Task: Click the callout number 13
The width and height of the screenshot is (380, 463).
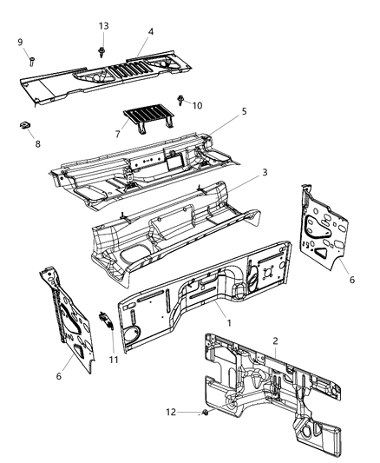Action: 103,26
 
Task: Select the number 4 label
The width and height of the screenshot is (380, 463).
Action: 150,32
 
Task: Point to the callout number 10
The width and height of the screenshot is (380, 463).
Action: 198,105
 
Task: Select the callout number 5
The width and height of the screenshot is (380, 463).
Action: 244,111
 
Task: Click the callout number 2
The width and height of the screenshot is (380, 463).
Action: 275,341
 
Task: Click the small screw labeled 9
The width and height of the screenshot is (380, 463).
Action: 32,60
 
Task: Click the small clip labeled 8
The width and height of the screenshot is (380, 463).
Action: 25,126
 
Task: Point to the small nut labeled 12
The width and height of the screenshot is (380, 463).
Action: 202,412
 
